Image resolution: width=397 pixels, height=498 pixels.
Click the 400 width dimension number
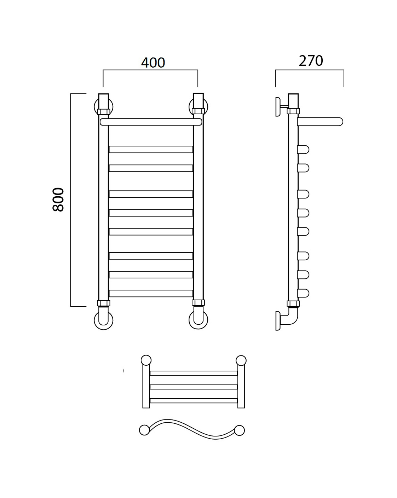(x=153, y=63)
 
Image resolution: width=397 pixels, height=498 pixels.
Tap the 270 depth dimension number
(x=311, y=61)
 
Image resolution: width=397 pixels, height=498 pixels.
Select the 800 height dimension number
(x=58, y=200)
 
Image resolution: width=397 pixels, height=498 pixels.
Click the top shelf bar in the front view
(x=151, y=122)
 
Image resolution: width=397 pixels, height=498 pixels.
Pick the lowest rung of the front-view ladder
(x=151, y=293)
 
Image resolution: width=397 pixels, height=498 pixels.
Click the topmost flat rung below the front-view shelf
(x=151, y=149)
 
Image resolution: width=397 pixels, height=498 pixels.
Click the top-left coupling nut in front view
(x=103, y=112)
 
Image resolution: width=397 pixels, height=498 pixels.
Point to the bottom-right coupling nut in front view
(x=198, y=303)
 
